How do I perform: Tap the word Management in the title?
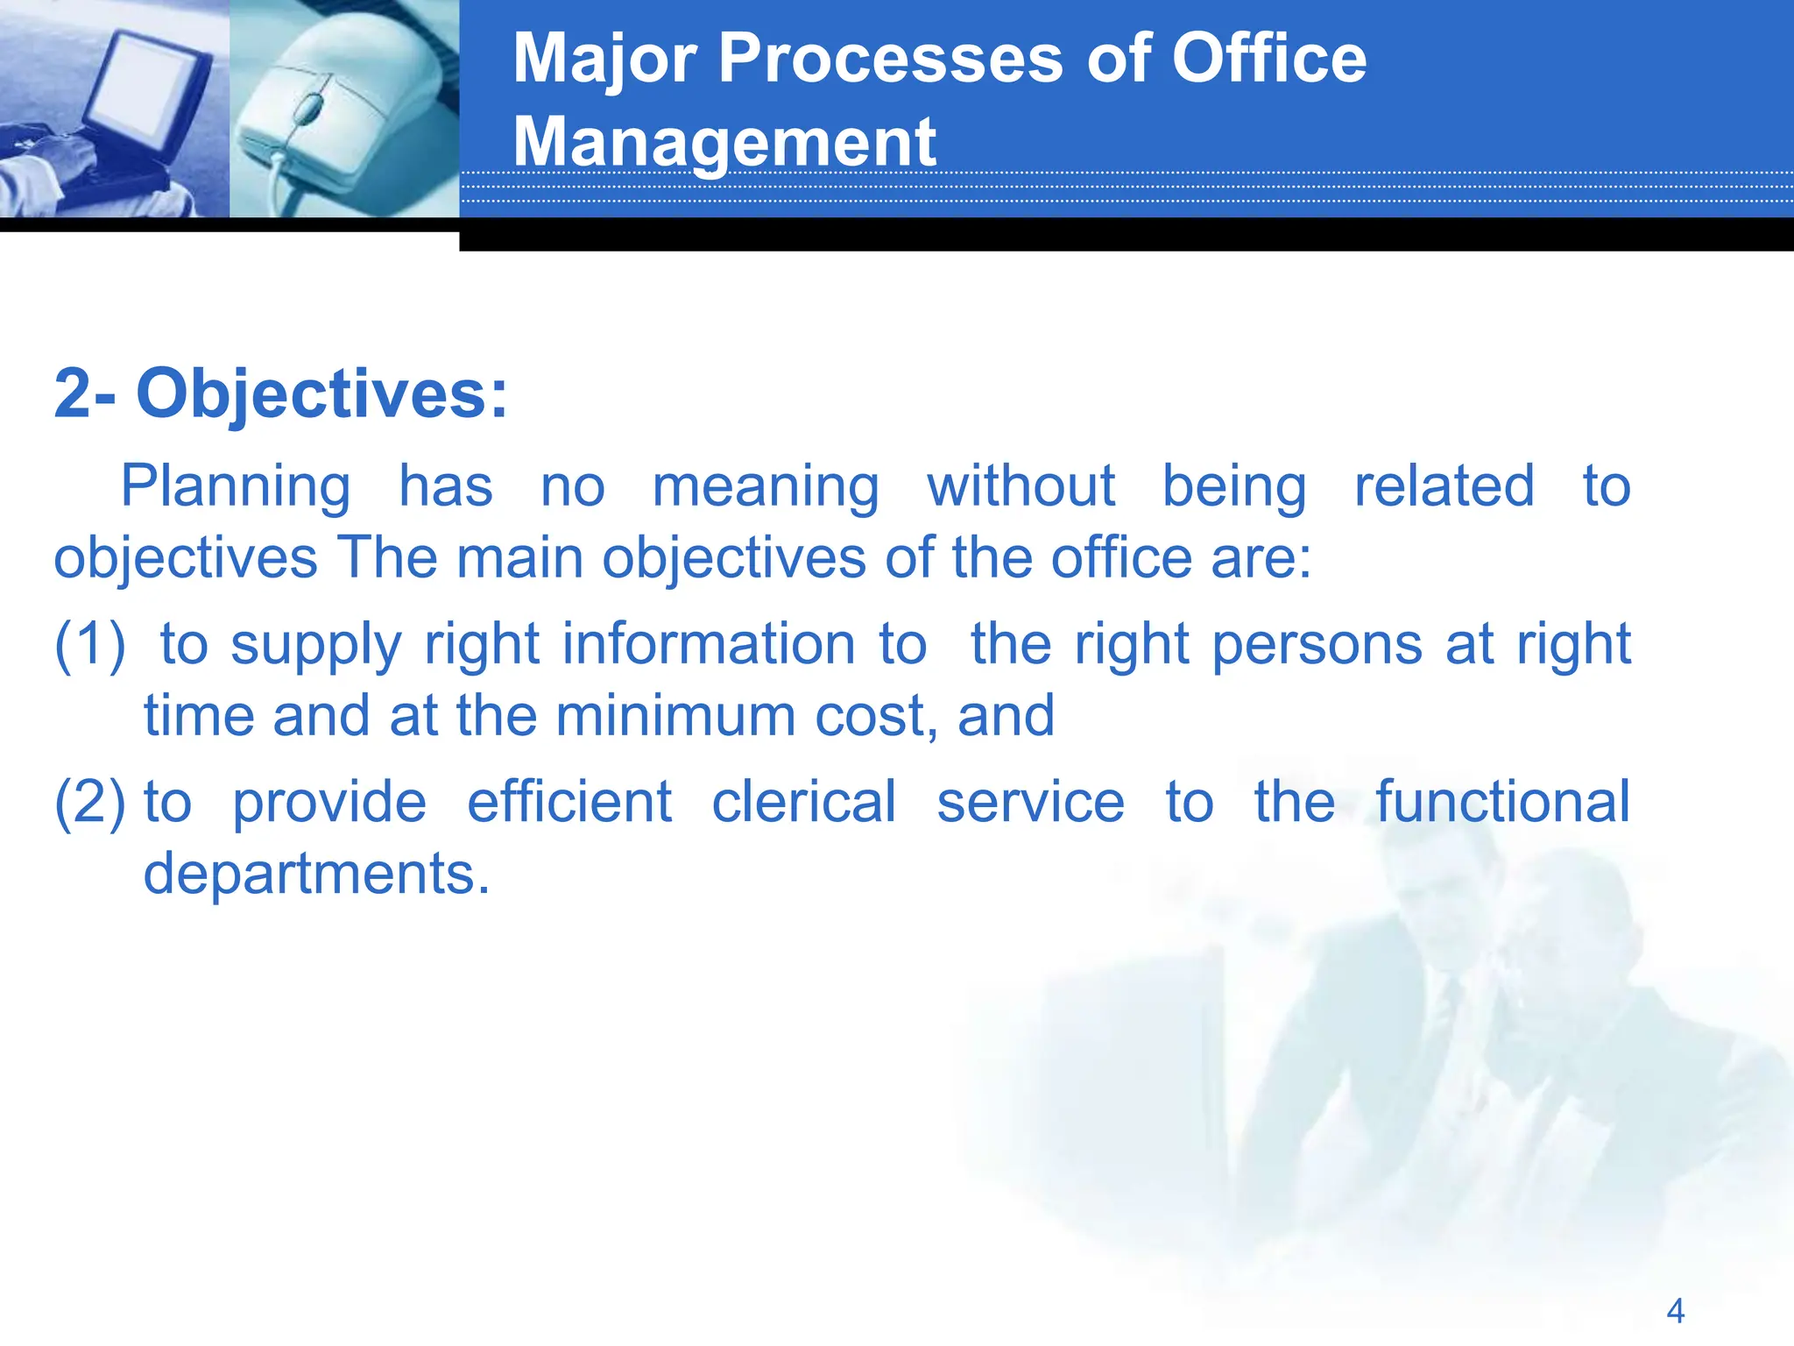point(724,142)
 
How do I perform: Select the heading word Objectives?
point(321,394)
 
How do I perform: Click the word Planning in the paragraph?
point(235,487)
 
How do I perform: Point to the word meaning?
point(766,487)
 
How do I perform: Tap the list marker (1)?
point(89,645)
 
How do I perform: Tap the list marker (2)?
point(89,803)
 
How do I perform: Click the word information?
point(709,644)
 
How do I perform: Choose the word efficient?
point(569,802)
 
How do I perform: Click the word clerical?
point(803,802)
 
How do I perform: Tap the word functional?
point(1502,802)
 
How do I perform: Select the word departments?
point(316,875)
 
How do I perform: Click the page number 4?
point(1675,1311)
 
